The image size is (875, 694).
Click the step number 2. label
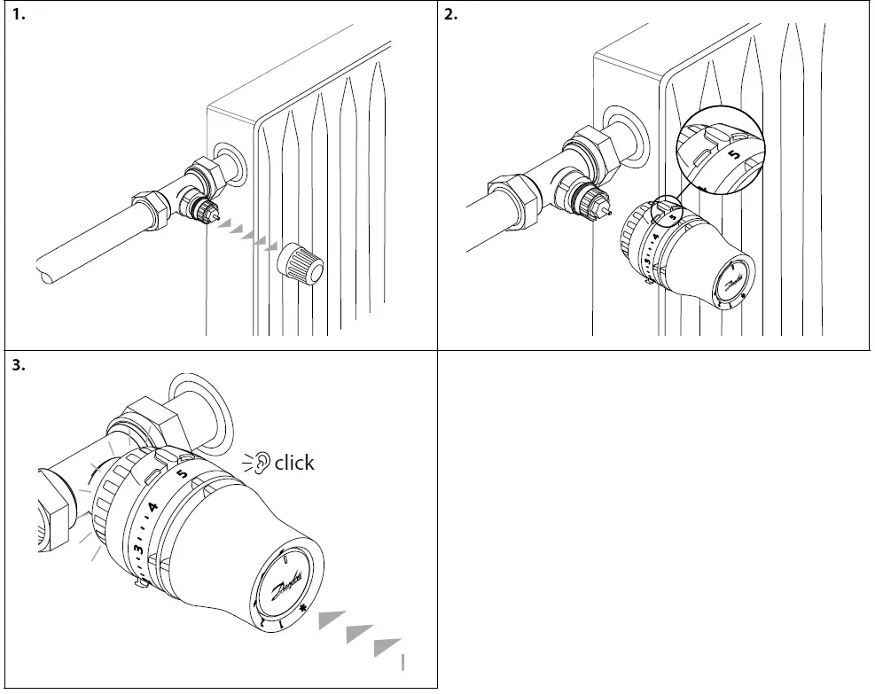pyautogui.click(x=450, y=15)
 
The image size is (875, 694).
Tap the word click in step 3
pyautogui.click(x=294, y=463)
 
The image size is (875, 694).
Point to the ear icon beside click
pyautogui.click(x=260, y=462)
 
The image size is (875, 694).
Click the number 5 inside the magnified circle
pyautogui.click(x=732, y=153)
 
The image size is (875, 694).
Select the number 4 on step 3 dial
pyautogui.click(x=152, y=509)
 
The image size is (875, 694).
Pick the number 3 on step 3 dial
pyautogui.click(x=138, y=550)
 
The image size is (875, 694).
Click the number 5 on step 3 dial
pyautogui.click(x=181, y=474)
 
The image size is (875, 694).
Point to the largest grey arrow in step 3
pyautogui.click(x=387, y=647)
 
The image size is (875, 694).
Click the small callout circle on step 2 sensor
pyautogui.click(x=668, y=211)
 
